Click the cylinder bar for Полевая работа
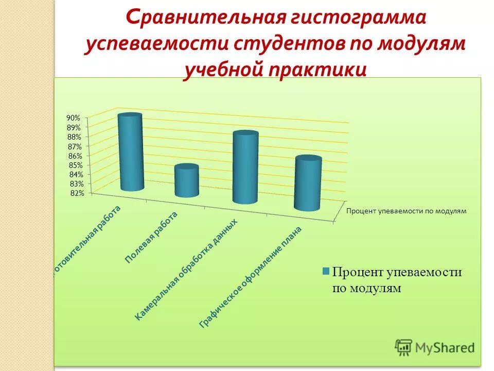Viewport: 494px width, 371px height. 186,181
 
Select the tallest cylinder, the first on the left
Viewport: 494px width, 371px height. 131,153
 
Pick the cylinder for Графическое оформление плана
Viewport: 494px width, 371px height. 308,183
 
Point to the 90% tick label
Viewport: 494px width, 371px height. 74,118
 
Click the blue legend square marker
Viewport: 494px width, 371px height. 326,272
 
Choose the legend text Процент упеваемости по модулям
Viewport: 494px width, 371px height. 396,280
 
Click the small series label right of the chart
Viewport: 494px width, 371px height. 406,211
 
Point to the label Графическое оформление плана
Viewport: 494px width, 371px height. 251,277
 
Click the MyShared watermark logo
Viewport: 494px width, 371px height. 435,347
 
